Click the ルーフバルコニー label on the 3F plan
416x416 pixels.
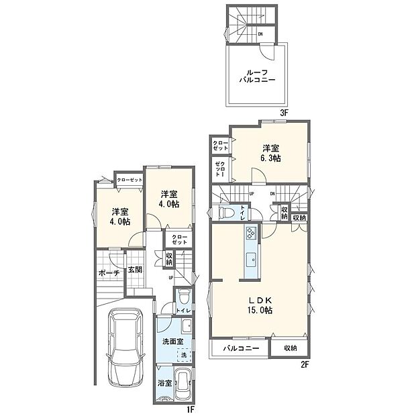254,75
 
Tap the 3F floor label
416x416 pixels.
284,113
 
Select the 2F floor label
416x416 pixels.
304,364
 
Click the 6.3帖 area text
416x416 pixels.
271,158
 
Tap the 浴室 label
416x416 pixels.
165,383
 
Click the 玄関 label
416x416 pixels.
135,270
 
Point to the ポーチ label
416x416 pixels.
107,273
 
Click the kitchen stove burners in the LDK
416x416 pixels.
250,234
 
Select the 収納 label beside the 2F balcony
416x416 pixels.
290,348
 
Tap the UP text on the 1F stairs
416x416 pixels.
171,277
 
